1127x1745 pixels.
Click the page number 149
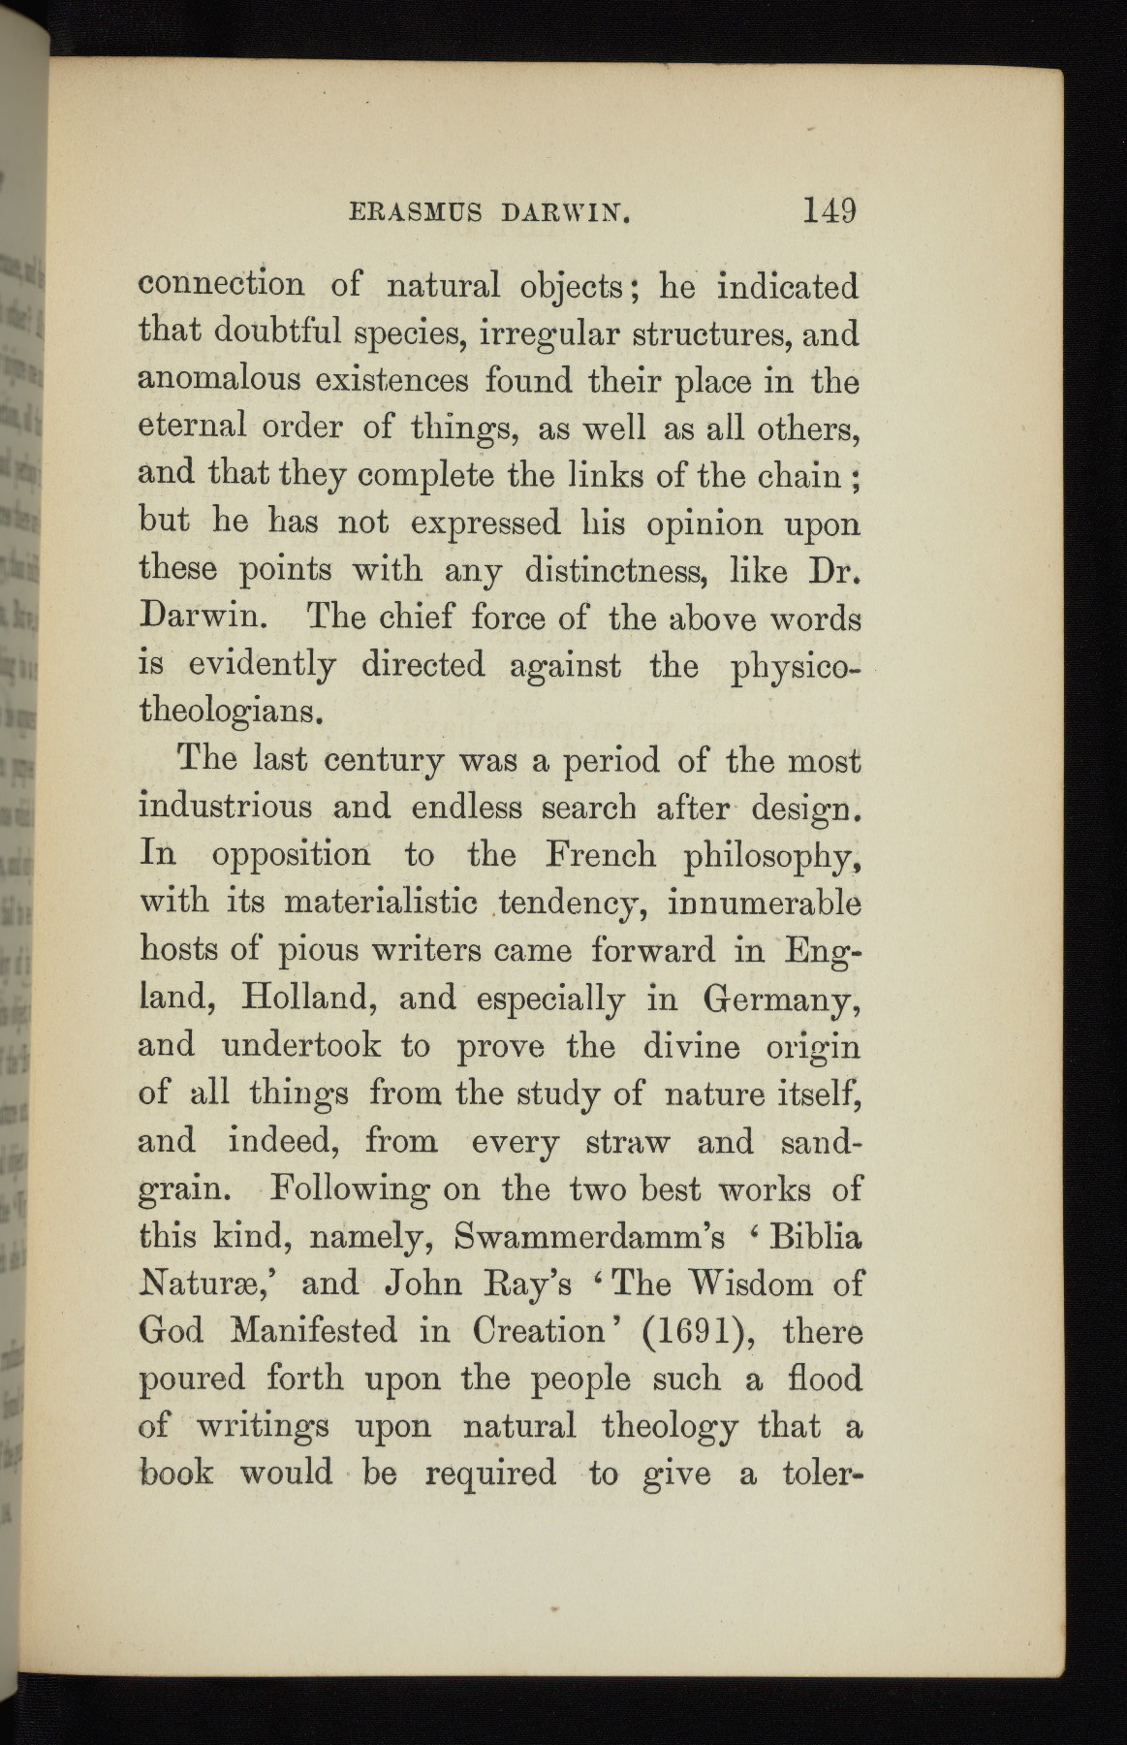[829, 210]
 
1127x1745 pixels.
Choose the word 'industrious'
[226, 807]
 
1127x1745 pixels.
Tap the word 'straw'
[628, 1141]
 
